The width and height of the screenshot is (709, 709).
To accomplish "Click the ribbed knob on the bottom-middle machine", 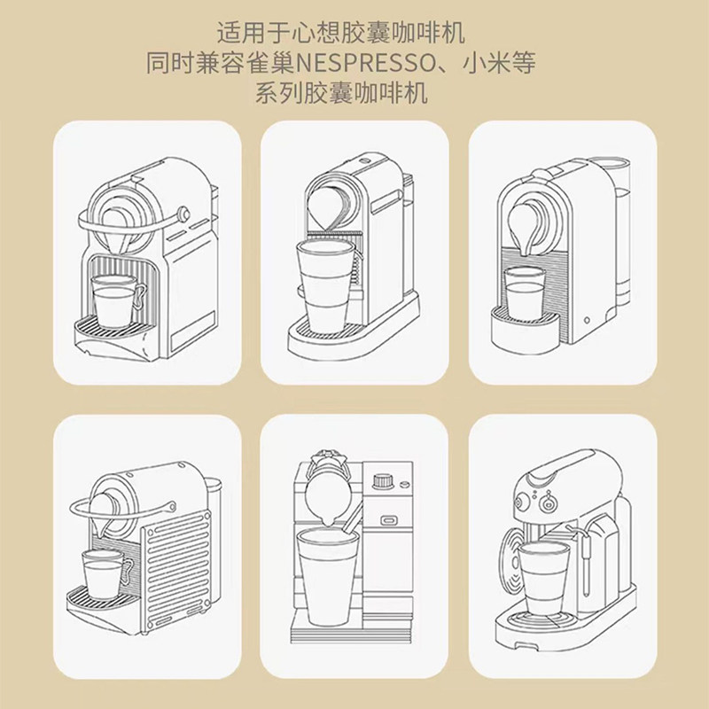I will pos(384,481).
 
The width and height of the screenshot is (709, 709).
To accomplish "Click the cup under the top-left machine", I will pos(114,300).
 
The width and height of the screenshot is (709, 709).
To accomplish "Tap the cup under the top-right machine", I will pos(525,293).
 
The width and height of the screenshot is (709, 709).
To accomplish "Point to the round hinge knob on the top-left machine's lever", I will pos(183,214).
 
